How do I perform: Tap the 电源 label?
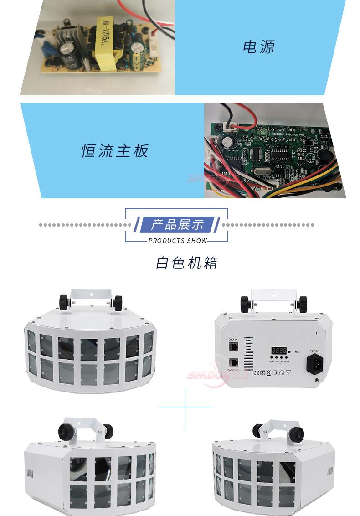coord(258,46)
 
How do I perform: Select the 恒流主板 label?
coord(115,151)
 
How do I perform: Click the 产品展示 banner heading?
coord(177,224)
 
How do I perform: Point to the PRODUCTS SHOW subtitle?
coord(178,240)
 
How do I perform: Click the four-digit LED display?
coord(279,351)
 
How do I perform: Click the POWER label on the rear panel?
coord(315,351)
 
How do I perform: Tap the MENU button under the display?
coord(272,358)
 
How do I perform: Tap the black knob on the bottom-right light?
coord(298,432)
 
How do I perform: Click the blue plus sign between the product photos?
coord(185,406)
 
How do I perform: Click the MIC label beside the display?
coord(297,352)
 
